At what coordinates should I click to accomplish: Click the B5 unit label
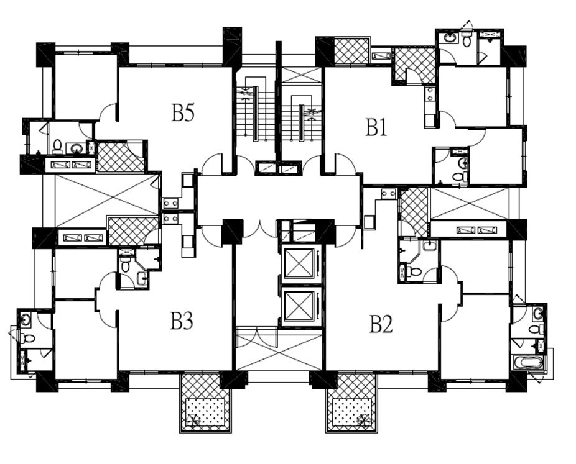point(183,112)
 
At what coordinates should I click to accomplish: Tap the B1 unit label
point(376,127)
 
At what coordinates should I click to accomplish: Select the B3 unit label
point(182,321)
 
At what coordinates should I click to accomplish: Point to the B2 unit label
point(381,324)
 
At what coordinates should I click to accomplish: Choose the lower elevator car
point(300,305)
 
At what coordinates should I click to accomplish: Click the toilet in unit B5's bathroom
point(58,147)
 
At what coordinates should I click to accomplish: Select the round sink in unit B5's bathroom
point(77,148)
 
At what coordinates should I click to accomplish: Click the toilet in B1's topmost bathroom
point(467,39)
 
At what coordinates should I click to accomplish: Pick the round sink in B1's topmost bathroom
point(450,37)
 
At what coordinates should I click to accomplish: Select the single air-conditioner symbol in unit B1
point(381,56)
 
